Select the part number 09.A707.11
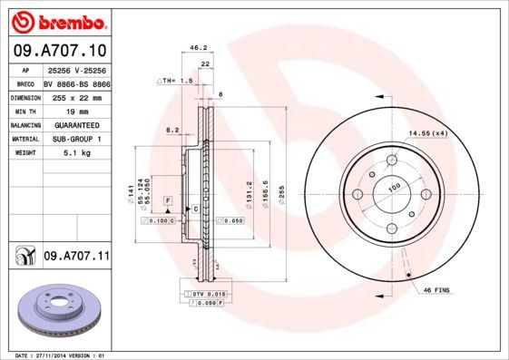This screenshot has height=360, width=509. click(76, 258)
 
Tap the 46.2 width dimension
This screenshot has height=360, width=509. click(194, 48)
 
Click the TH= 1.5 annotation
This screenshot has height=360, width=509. click(176, 82)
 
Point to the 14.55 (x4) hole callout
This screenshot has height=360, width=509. click(427, 134)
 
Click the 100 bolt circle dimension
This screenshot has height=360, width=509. click(394, 189)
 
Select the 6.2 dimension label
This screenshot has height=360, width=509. click(172, 130)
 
